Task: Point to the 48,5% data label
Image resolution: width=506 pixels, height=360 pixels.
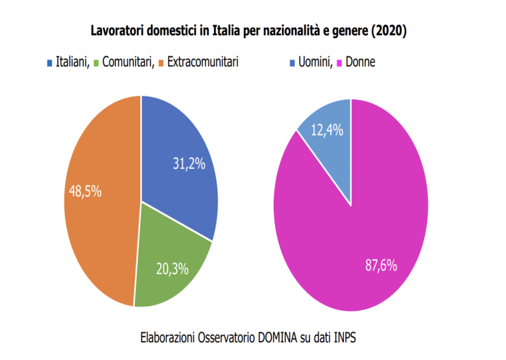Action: [85, 192]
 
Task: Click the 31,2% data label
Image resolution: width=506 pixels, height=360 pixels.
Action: [189, 164]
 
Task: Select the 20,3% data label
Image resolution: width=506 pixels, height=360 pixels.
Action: [173, 269]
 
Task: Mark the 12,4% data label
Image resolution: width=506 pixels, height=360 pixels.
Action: [327, 130]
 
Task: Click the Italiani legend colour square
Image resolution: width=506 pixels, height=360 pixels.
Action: [49, 63]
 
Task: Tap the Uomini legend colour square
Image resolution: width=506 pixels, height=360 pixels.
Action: [290, 63]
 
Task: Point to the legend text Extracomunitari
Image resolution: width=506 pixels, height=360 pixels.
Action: [203, 62]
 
